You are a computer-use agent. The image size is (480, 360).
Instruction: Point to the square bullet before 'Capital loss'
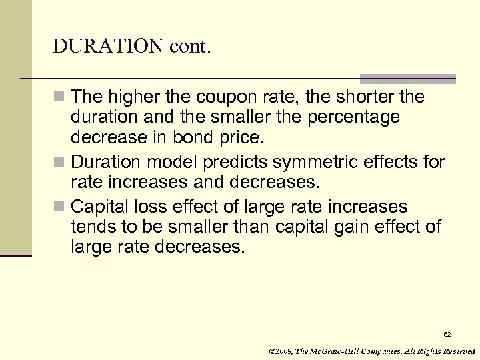click(x=61, y=207)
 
